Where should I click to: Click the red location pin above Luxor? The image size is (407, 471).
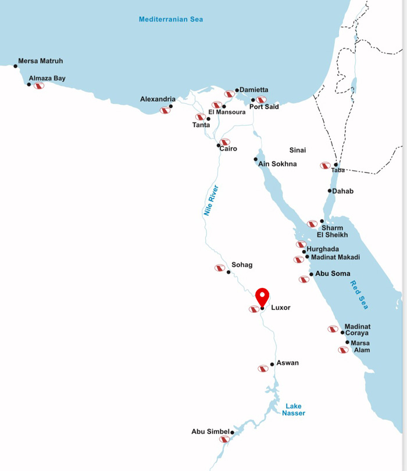[262, 296]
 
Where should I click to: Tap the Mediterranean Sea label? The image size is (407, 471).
[171, 19]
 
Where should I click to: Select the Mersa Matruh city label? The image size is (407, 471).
[41, 61]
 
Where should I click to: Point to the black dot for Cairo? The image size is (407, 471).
[219, 145]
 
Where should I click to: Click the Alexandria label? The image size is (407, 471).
[158, 99]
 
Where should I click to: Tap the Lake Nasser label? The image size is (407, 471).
[294, 409]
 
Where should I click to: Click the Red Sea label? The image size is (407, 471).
[359, 295]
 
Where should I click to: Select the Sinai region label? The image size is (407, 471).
[298, 150]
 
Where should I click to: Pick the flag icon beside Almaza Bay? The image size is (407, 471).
[39, 85]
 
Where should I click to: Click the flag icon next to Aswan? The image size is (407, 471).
[263, 369]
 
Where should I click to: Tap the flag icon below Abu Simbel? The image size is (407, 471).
[224, 439]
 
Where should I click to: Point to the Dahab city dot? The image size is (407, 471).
[330, 191]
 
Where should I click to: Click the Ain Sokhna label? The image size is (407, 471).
[277, 164]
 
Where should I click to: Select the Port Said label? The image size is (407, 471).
[264, 107]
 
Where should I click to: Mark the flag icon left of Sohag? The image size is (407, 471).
[220, 268]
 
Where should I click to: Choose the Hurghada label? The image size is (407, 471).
[323, 249]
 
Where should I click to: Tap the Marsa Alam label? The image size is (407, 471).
[360, 347]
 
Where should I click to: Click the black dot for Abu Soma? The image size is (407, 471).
[311, 274]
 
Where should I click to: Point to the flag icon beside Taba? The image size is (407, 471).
[325, 166]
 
